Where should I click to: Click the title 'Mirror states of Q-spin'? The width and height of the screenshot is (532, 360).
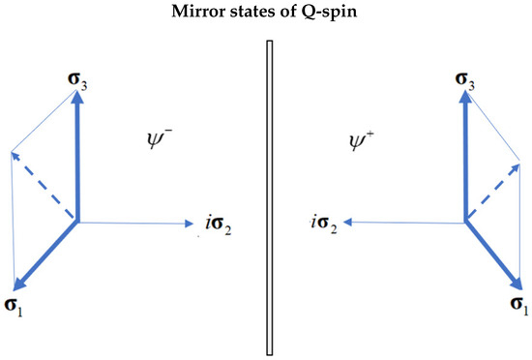[x=267, y=13]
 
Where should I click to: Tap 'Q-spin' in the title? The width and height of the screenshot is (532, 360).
[x=311, y=13]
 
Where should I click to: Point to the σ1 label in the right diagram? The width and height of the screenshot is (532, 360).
[x=518, y=304]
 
